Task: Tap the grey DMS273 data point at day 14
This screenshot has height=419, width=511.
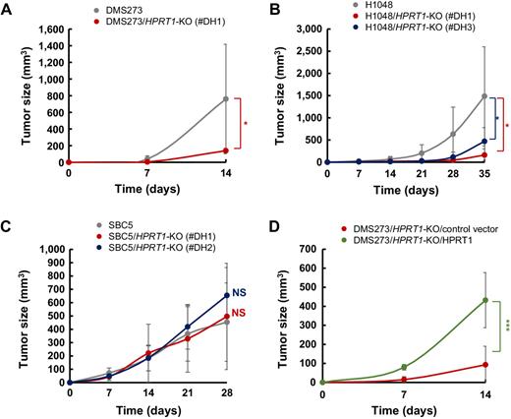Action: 226,98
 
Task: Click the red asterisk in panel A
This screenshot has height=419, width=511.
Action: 244,125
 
